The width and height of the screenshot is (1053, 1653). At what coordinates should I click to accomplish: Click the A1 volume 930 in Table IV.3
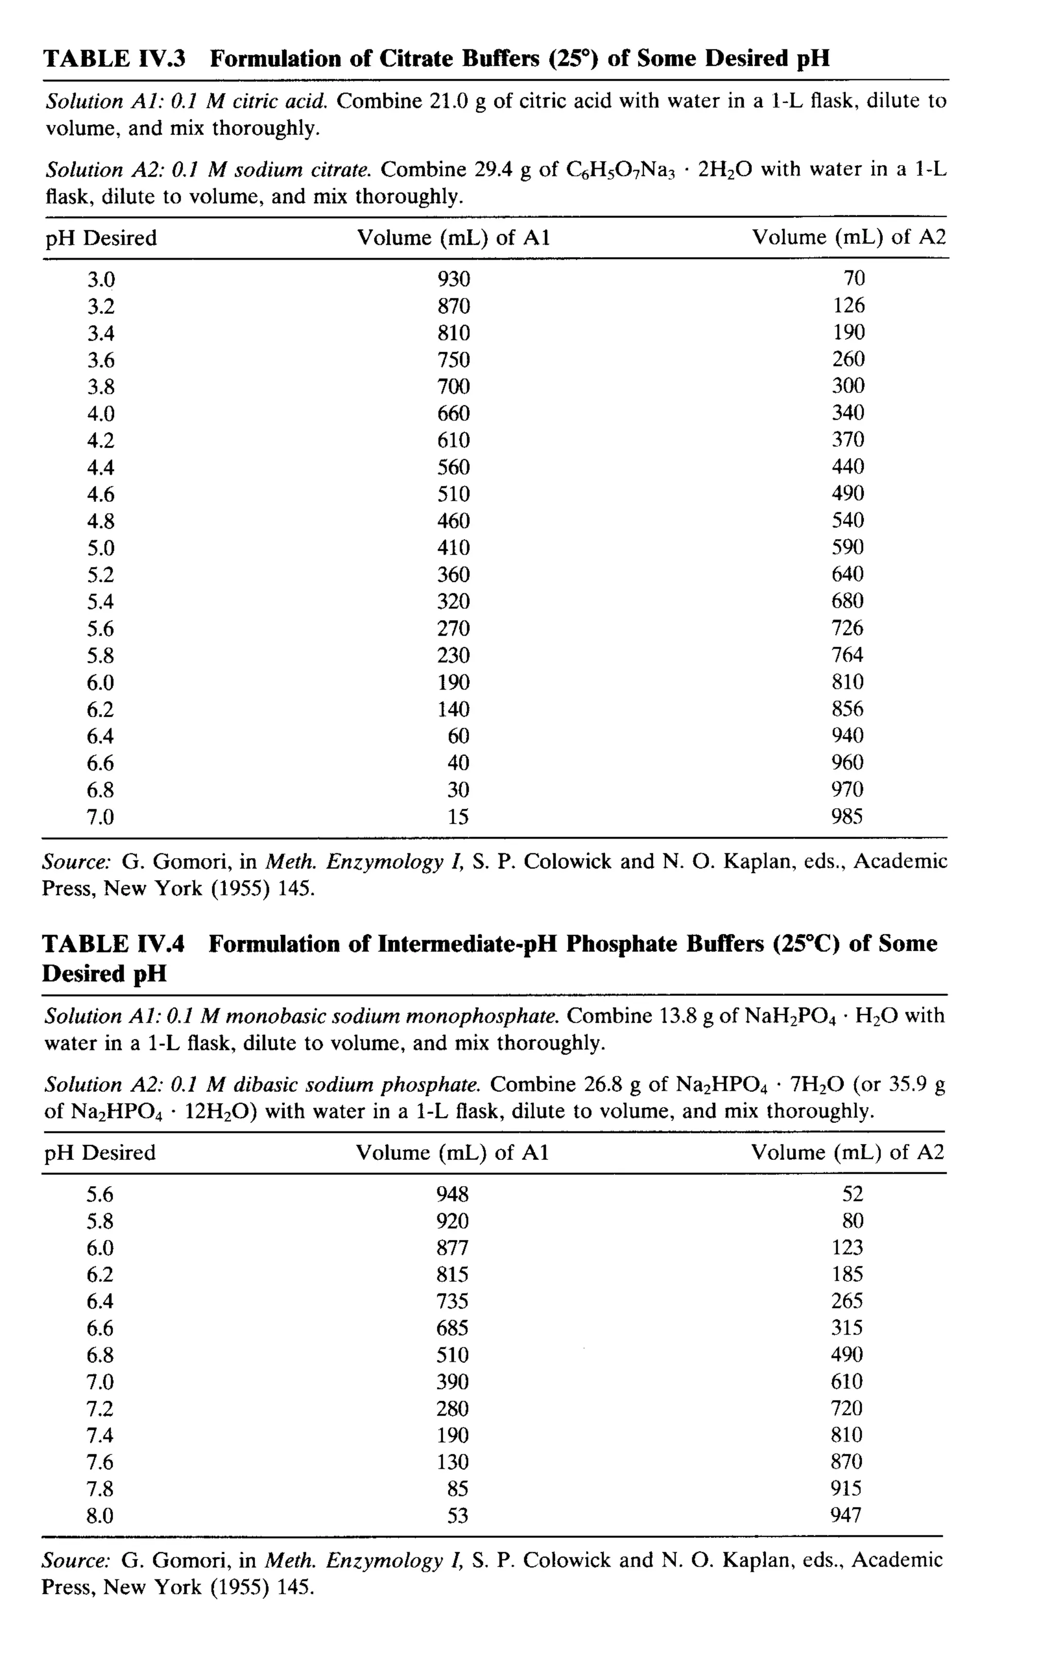click(x=453, y=279)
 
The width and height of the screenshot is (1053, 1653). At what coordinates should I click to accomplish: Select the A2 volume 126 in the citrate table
click(x=848, y=305)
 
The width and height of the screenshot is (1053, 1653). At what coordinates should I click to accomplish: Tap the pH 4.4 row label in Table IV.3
click(x=100, y=467)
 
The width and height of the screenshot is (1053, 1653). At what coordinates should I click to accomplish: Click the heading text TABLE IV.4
click(x=113, y=944)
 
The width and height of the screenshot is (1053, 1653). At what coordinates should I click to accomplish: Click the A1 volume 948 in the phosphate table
click(x=452, y=1194)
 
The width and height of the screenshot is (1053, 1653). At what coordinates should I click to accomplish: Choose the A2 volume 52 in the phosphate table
click(x=852, y=1194)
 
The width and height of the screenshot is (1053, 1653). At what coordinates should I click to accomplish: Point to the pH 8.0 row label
click(x=100, y=1515)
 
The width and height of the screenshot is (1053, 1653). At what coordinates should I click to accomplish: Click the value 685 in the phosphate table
click(x=452, y=1328)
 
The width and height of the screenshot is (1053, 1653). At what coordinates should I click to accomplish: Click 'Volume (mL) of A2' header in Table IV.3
click(x=848, y=238)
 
